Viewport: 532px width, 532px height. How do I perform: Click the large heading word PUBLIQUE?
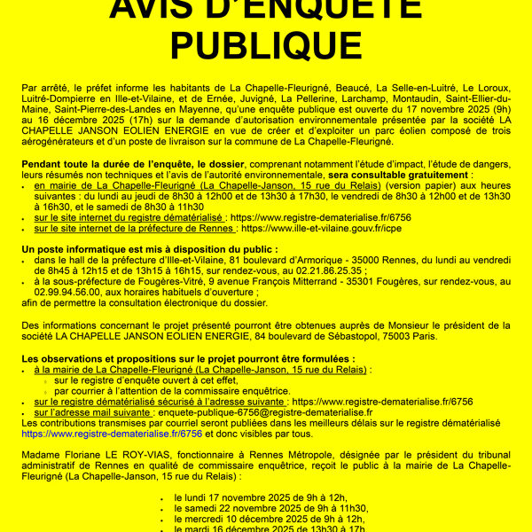pos(266,44)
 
